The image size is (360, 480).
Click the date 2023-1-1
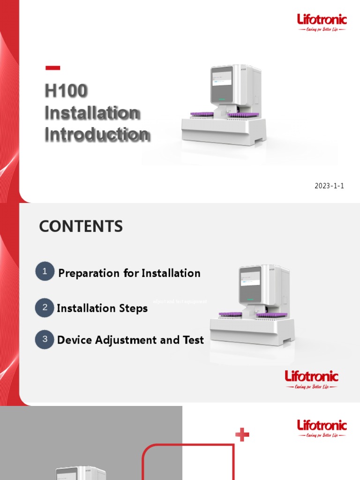click(329, 186)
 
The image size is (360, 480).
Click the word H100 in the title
click(66, 90)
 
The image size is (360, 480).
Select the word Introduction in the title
click(97, 135)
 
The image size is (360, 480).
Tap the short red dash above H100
click(52, 68)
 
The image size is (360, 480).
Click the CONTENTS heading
click(81, 227)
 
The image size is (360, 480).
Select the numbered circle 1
click(45, 272)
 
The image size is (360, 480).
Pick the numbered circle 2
click(45, 308)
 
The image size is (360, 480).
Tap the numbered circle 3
click(45, 339)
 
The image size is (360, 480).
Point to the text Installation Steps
click(102, 308)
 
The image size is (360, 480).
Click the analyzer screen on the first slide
click(221, 83)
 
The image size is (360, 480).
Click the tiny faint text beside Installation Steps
click(180, 301)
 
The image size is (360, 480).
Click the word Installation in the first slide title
click(92, 113)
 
